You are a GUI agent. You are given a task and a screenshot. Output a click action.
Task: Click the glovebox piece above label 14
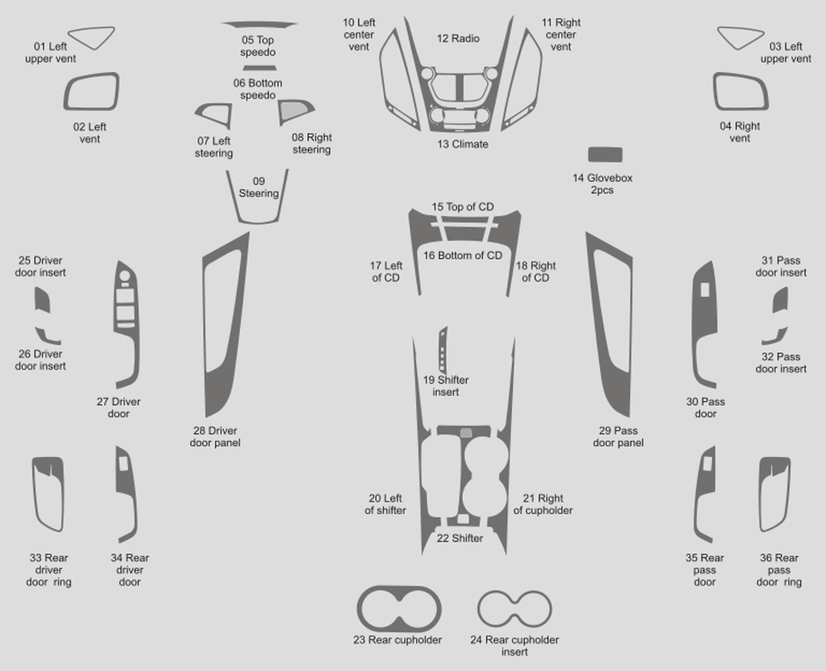click(605, 155)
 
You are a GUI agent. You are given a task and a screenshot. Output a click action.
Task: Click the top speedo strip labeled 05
click(259, 24)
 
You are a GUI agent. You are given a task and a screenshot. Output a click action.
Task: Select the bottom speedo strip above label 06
click(259, 68)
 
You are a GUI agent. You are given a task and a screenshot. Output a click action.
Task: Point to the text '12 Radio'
click(458, 39)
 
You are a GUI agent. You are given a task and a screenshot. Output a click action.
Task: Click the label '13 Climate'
click(463, 144)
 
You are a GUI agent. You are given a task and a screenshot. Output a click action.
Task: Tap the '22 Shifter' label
click(460, 538)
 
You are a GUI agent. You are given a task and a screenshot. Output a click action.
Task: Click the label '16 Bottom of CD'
click(462, 255)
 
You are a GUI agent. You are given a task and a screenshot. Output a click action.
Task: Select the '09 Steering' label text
click(259, 187)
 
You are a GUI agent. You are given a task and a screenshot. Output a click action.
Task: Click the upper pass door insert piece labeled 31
click(781, 300)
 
